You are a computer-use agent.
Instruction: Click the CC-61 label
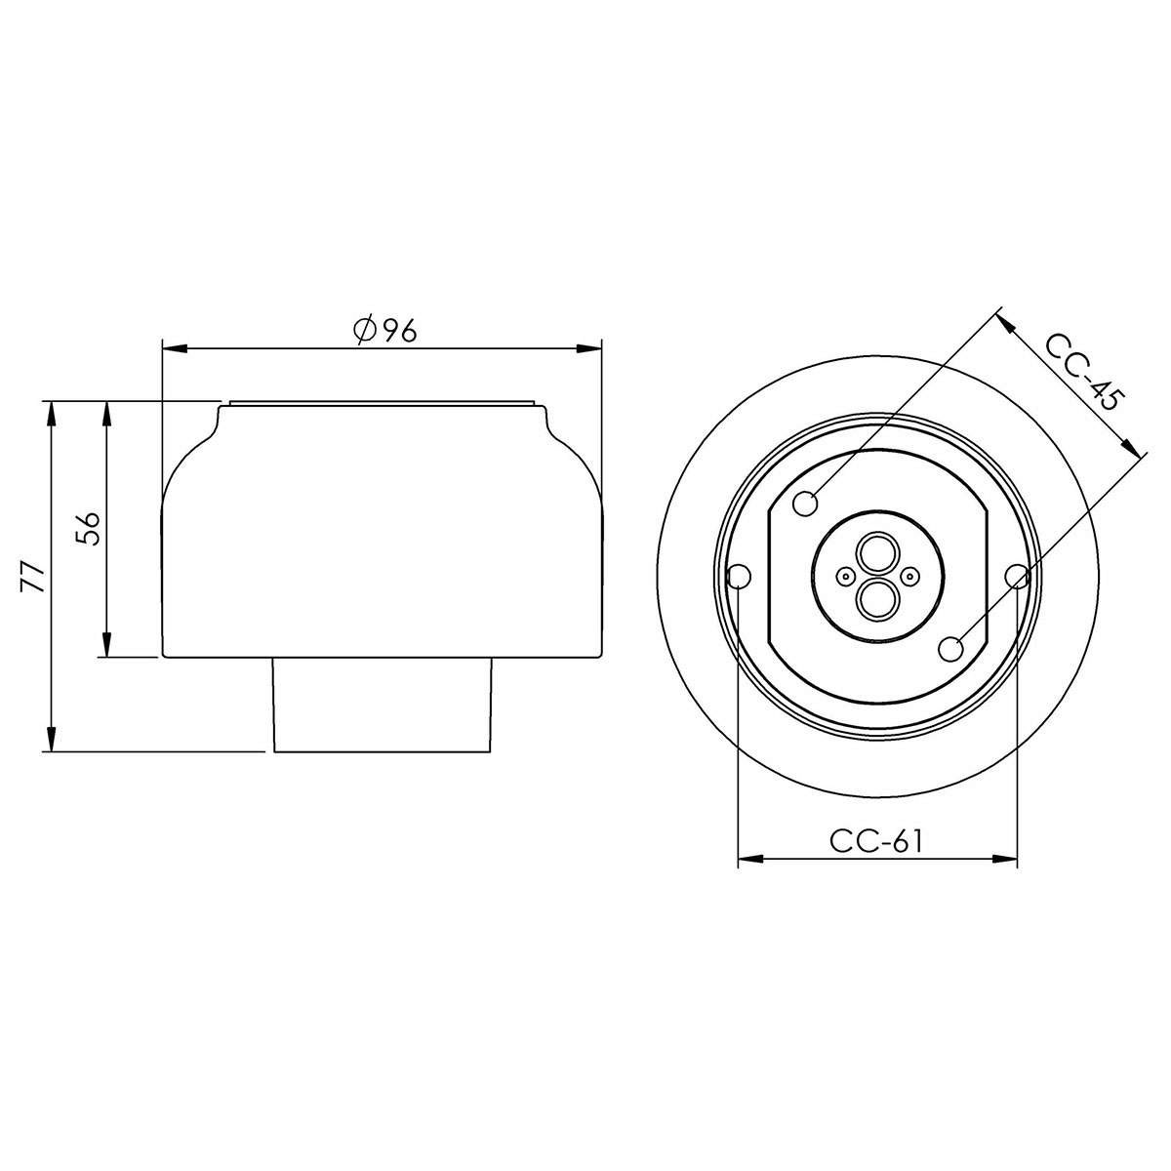pos(875,842)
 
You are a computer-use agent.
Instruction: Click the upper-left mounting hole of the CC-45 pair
pos(806,505)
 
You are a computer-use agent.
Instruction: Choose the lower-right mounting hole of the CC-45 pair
pos(950,647)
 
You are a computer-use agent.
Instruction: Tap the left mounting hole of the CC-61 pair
pos(740,577)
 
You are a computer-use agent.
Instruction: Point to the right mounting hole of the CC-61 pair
pos(1017,576)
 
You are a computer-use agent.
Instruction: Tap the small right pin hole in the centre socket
pos(910,577)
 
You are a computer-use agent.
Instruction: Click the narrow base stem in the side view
pos(381,705)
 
